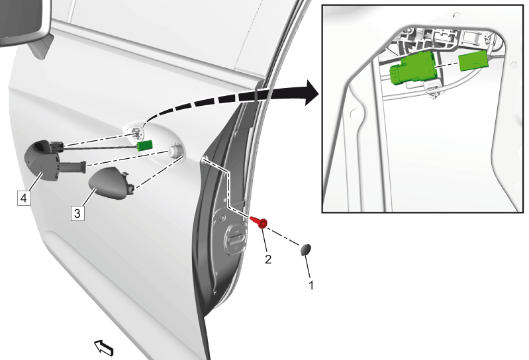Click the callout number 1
pyautogui.click(x=311, y=285)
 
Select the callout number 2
pyautogui.click(x=268, y=259)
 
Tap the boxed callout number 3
pyautogui.click(x=77, y=213)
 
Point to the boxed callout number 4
pyautogui.click(x=24, y=198)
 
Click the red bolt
pyautogui.click(x=259, y=221)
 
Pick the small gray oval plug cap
pyautogui.click(x=306, y=249)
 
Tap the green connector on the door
pyautogui.click(x=145, y=146)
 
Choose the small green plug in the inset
pyautogui.click(x=473, y=61)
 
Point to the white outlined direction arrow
pyautogui.click(x=104, y=347)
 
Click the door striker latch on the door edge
pyautogui.click(x=236, y=237)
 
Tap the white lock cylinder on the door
pyautogui.click(x=175, y=150)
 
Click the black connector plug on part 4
pyautogui.click(x=56, y=146)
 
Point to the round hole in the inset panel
pyautogui.click(x=354, y=113)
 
